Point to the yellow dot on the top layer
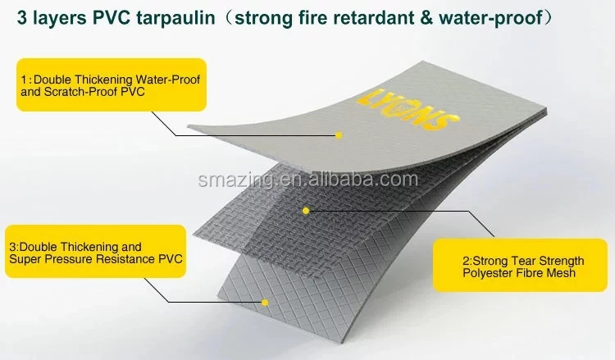(338, 134)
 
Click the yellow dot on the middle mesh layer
(306, 211)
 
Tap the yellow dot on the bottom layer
(266, 303)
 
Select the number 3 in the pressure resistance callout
(12, 246)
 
